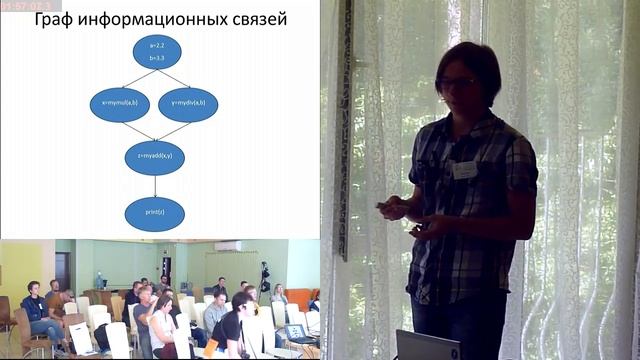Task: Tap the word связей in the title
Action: [255, 19]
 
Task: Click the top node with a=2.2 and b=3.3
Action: [156, 52]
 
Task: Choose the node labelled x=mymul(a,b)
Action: [120, 104]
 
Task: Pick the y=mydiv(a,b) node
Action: [188, 104]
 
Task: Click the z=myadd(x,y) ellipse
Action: [155, 157]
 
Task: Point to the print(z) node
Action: [155, 212]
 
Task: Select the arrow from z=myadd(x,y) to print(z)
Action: [155, 185]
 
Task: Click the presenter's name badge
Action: [465, 170]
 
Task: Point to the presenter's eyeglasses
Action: [457, 82]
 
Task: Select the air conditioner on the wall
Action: [228, 246]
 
